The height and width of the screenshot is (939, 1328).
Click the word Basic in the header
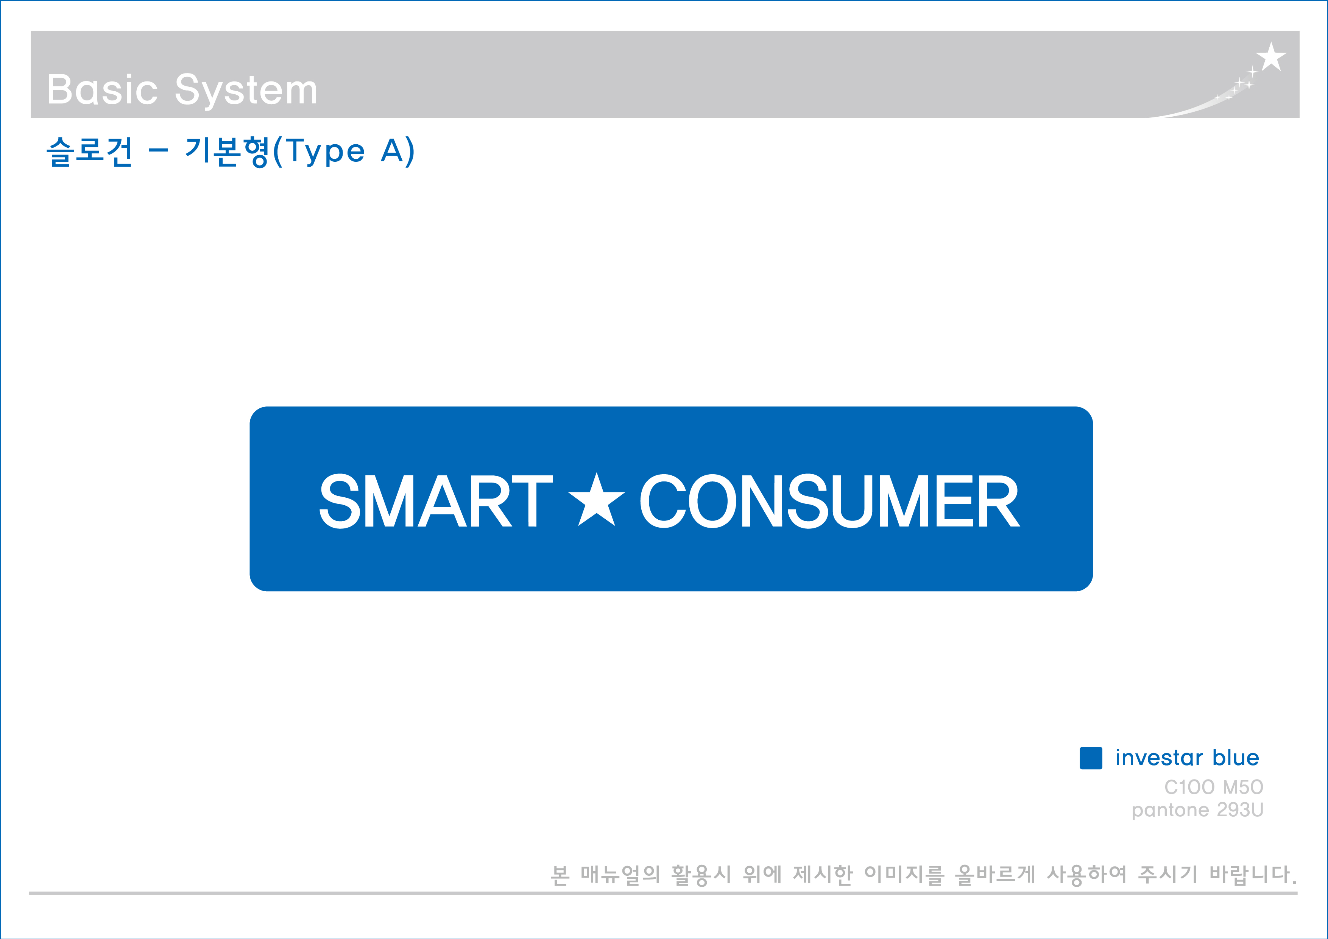(x=102, y=90)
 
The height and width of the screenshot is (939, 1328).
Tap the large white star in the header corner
(x=1271, y=57)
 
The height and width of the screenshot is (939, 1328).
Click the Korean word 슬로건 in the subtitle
(x=90, y=152)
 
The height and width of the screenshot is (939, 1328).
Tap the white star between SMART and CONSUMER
(x=596, y=500)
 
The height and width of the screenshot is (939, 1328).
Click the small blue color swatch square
(x=1091, y=758)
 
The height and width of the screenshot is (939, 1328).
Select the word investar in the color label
(x=1159, y=758)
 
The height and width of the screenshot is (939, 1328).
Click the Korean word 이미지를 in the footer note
(x=904, y=874)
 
